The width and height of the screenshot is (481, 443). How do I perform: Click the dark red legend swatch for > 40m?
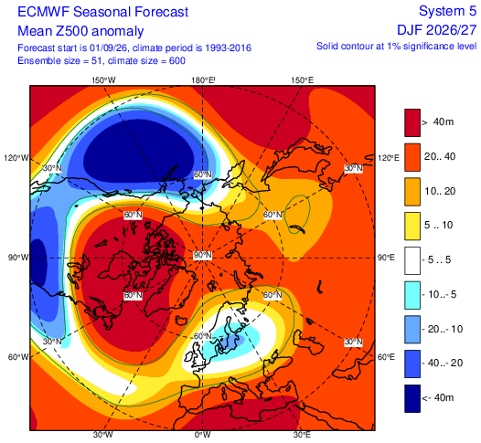click(412, 122)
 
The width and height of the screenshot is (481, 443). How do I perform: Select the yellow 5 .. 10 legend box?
click(412, 227)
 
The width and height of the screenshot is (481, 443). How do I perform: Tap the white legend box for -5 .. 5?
click(412, 260)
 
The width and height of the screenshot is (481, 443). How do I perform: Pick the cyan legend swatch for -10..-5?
click(412, 295)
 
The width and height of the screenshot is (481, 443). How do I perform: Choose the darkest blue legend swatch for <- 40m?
click(412, 398)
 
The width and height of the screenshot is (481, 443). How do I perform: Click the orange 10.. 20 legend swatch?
click(412, 192)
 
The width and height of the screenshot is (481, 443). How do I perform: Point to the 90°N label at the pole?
click(202, 255)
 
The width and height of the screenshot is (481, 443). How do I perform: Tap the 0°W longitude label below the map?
click(203, 435)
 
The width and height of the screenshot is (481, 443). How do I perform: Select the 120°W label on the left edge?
click(16, 158)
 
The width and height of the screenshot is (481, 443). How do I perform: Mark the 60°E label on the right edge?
click(386, 357)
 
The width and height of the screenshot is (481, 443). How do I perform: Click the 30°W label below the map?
click(102, 435)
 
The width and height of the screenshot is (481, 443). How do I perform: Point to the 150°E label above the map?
click(303, 80)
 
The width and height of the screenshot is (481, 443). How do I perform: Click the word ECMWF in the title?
click(44, 12)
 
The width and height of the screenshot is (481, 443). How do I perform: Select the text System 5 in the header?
click(447, 11)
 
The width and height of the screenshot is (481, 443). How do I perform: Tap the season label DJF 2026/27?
click(437, 30)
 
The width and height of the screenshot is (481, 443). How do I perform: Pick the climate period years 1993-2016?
click(229, 48)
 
